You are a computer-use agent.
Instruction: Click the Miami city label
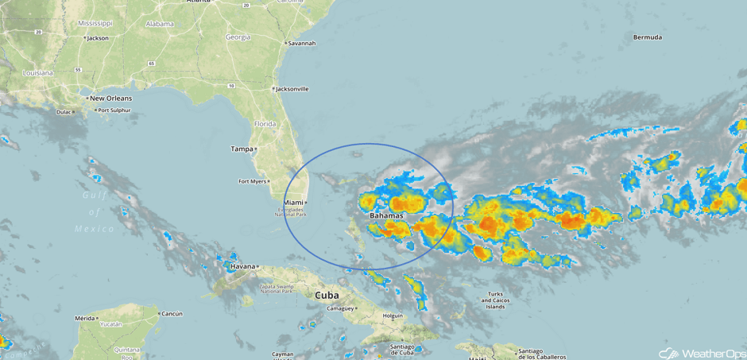(x=293, y=203)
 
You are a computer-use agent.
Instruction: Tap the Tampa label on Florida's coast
(x=242, y=149)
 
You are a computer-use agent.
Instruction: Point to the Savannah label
(x=302, y=43)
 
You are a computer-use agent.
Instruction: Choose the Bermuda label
(x=648, y=37)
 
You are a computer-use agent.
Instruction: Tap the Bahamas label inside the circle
(x=386, y=215)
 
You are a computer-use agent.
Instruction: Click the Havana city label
(x=243, y=266)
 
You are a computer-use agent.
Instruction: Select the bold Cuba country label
(x=327, y=294)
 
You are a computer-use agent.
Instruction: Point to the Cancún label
(x=172, y=313)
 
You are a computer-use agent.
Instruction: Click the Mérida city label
(x=84, y=318)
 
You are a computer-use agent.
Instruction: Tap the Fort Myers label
(x=252, y=181)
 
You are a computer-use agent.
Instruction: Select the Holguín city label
(x=393, y=315)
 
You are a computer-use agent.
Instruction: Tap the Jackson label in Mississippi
(x=98, y=37)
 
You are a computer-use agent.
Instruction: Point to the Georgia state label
(x=238, y=37)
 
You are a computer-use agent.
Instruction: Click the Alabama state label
(x=160, y=24)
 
